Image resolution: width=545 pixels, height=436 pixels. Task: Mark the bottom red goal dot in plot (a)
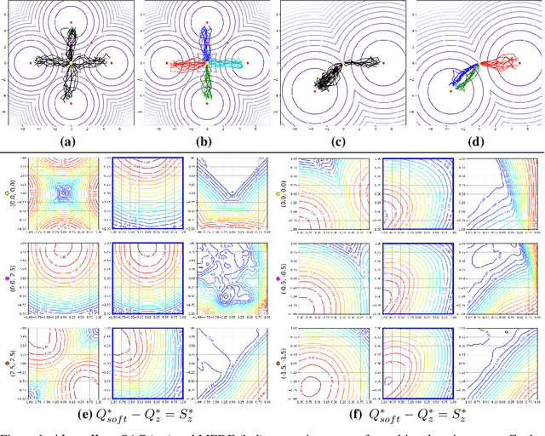72,104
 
